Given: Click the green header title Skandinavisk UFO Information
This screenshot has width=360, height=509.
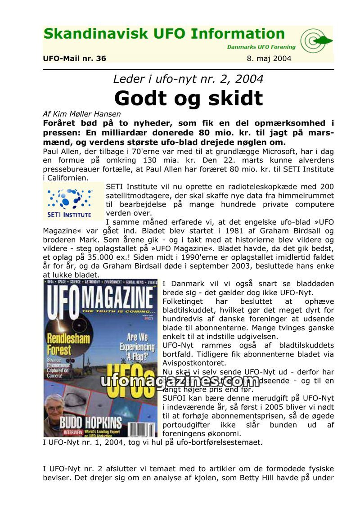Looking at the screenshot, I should pos(164,35).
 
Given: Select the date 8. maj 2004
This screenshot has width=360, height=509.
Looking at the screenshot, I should pos(269,59).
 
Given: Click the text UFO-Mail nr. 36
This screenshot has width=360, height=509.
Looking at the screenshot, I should pos(74,59).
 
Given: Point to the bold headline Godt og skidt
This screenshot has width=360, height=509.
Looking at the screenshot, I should pos(188,98).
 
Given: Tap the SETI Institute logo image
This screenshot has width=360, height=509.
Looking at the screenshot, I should pos(70,201).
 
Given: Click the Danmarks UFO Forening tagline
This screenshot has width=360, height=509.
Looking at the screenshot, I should pos(261,47).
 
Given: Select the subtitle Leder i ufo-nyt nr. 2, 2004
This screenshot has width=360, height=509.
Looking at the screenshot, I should pos(188,79).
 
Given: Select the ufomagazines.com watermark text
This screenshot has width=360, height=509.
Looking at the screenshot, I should pos(180,381).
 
